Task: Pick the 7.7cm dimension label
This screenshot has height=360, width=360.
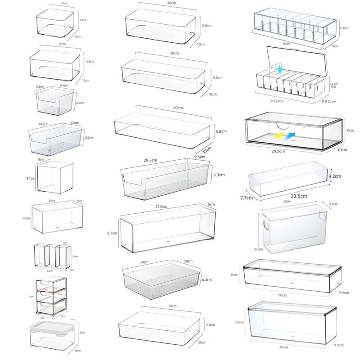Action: click(x=246, y=198)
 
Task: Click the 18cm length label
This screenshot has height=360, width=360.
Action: click(x=52, y=201)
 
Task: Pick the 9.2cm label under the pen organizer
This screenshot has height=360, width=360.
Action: click(x=50, y=271)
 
